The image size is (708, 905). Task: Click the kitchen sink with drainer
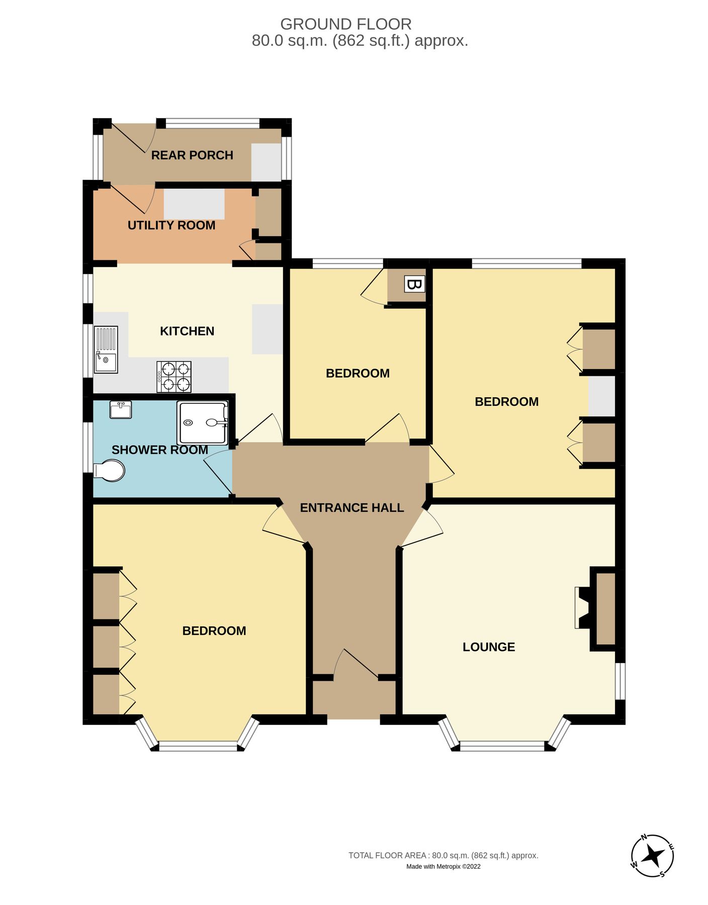tap(106, 349)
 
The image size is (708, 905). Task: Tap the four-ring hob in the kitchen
tap(173, 377)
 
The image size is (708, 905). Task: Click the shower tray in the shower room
tap(202, 423)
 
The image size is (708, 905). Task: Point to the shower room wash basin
tap(121, 410)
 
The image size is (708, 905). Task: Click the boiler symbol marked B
tap(414, 285)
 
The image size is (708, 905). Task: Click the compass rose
tap(652, 856)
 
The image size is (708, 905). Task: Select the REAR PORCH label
tap(192, 155)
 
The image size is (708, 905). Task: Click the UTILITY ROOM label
tap(171, 225)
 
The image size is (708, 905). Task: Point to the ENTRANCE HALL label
tap(352, 508)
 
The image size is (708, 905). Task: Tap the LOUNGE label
tap(489, 647)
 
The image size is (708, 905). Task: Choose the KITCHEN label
tap(187, 331)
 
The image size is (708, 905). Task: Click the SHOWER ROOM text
tap(160, 450)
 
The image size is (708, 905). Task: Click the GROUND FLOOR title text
tap(346, 24)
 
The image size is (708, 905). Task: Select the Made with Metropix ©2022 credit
tap(444, 866)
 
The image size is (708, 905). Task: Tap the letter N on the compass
tap(644, 838)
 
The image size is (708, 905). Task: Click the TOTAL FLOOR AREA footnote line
tap(444, 855)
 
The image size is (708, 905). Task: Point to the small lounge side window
tap(621, 681)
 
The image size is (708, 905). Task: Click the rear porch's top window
tap(212, 123)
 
